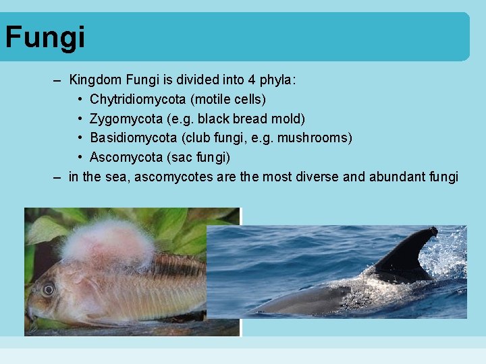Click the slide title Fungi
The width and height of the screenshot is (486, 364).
(x=45, y=37)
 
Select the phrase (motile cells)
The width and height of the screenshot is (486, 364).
(x=228, y=100)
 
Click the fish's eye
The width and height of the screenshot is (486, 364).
(x=48, y=289)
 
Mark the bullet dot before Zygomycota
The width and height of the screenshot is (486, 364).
(x=80, y=119)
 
